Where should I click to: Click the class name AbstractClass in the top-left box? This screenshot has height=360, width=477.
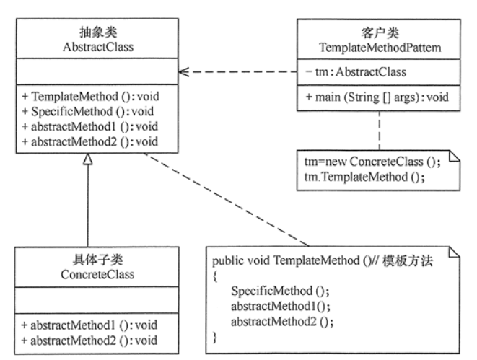click(x=98, y=47)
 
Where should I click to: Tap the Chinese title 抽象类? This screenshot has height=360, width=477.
click(x=98, y=32)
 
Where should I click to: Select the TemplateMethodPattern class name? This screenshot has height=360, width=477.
click(x=380, y=48)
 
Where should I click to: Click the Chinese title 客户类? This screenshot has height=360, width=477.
click(x=380, y=33)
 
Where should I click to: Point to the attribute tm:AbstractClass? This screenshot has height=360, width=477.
click(x=356, y=72)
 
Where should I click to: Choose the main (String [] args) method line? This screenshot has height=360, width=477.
click(x=377, y=97)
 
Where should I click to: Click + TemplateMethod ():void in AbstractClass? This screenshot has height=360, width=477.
click(x=91, y=97)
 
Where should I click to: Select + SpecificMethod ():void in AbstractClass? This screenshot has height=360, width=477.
click(x=88, y=112)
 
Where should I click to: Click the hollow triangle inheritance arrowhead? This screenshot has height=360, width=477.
click(x=88, y=159)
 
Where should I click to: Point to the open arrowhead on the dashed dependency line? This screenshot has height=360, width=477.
click(x=184, y=72)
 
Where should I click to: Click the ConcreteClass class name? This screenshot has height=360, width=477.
click(x=97, y=275)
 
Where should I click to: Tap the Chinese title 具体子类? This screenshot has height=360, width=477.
click(x=97, y=260)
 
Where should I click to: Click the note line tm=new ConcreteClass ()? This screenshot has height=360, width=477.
click(x=372, y=162)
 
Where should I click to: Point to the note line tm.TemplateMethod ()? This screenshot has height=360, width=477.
click(x=364, y=177)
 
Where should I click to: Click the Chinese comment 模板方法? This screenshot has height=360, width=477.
click(x=408, y=261)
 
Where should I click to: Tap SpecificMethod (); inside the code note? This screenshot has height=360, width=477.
click(x=280, y=291)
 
